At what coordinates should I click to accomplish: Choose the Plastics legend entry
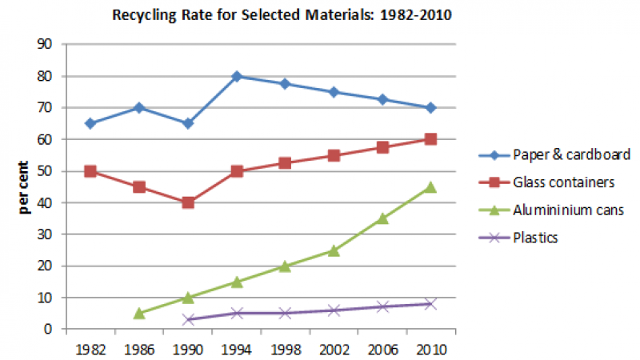[x=537, y=237]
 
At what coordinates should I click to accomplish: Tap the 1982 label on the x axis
[x=90, y=349]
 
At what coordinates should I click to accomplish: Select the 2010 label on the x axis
[x=430, y=349]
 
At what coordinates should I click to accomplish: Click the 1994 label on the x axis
[x=236, y=349]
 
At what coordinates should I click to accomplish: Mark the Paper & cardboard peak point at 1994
[x=236, y=76]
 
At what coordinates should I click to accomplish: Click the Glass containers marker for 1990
[x=187, y=202]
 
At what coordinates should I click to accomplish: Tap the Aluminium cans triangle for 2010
[x=430, y=186]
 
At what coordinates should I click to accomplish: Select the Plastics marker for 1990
[x=187, y=319]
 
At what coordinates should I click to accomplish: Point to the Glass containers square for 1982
[x=90, y=171]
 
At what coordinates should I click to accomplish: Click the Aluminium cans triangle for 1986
[x=138, y=313]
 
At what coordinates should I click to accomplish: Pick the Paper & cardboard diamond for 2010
[x=430, y=108]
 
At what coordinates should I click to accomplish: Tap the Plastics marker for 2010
[x=430, y=304]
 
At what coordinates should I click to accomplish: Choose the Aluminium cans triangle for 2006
[x=382, y=218]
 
